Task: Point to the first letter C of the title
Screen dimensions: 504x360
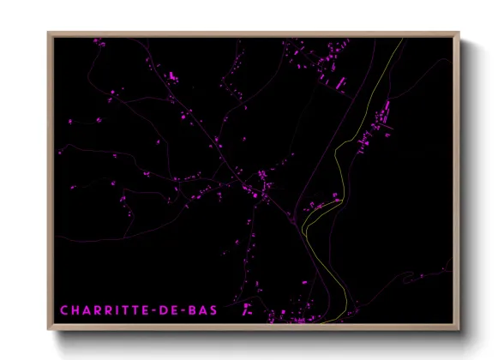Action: click(64, 309)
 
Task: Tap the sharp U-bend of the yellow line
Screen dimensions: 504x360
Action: click(304, 230)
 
